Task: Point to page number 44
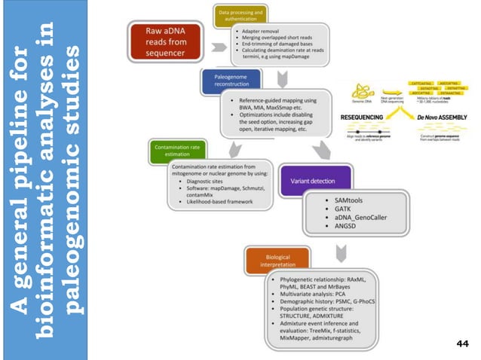pos(463,343)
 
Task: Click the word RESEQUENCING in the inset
pos(365,117)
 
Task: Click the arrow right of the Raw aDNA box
pos(218,46)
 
